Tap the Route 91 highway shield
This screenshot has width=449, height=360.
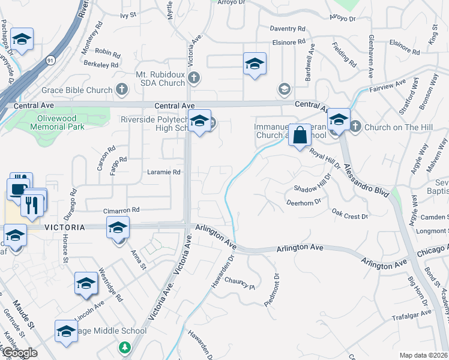[x=49, y=61]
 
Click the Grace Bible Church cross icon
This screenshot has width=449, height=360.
[x=122, y=90]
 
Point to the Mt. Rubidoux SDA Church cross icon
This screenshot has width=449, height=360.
[x=194, y=77]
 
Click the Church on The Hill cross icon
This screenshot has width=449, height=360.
[x=355, y=127]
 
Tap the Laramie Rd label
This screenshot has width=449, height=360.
[x=164, y=172]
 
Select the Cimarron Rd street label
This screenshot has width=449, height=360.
[x=121, y=210]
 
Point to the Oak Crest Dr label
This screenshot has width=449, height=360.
[x=349, y=214]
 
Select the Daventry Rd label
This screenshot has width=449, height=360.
[x=288, y=28]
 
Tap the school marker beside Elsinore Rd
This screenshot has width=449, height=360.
[x=255, y=64]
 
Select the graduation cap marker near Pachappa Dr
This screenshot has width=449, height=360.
[x=22, y=41]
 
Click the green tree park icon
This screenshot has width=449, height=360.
[x=125, y=347]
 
